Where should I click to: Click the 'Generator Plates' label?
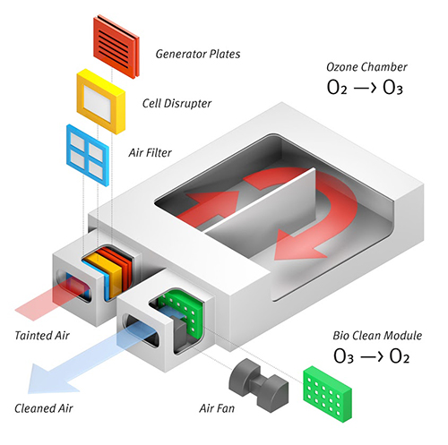tap(198, 54)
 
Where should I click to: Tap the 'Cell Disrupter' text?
tap(177, 104)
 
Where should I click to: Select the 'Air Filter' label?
tap(150, 153)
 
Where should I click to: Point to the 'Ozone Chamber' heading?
tap(366, 67)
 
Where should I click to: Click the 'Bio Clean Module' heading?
tap(377, 336)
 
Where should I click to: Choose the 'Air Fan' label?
tap(217, 408)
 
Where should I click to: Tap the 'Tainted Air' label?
tap(42, 336)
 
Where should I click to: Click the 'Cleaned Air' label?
tap(44, 408)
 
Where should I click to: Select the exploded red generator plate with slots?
tap(116, 47)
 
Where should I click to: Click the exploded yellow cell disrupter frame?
tap(101, 101)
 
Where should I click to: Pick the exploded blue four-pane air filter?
tap(88, 155)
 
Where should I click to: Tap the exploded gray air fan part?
tap(259, 385)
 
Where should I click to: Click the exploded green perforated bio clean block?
tap(328, 394)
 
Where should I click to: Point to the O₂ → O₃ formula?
tap(365, 88)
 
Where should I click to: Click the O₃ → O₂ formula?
tap(371, 356)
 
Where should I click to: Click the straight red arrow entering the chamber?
tap(209, 206)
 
